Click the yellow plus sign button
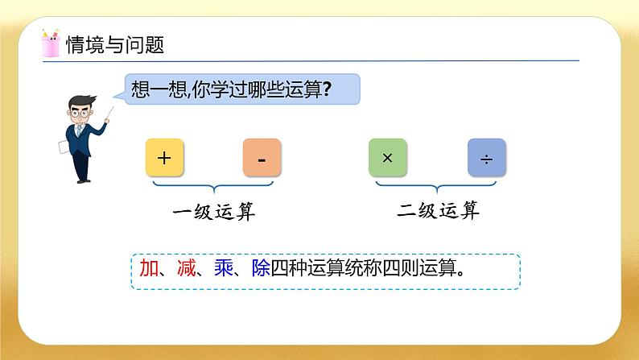(x=165, y=158)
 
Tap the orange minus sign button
(x=262, y=158)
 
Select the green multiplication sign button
(x=387, y=158)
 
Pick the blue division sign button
(x=486, y=158)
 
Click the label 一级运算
(x=213, y=213)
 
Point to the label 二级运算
(x=438, y=212)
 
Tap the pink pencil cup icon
(x=50, y=43)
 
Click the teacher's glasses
(x=80, y=112)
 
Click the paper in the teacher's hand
(x=61, y=147)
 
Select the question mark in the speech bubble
(x=326, y=90)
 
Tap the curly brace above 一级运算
(x=213, y=188)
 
